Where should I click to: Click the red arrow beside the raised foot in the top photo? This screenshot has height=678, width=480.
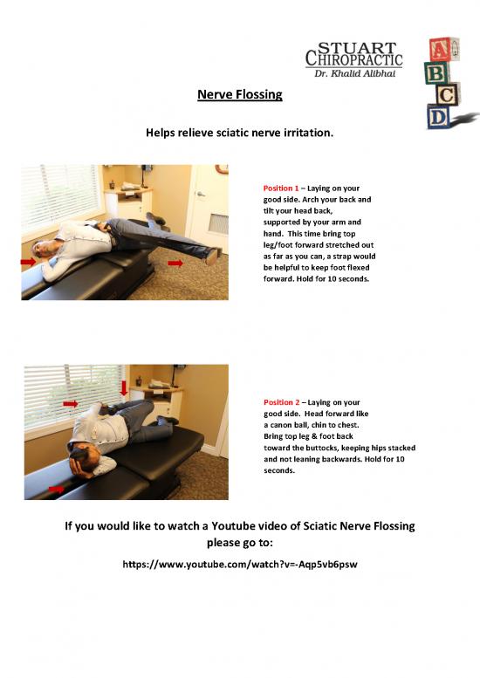(175, 262)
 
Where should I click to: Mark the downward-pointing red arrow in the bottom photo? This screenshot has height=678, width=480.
(125, 386)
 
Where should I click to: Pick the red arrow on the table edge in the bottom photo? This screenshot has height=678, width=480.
(56, 490)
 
